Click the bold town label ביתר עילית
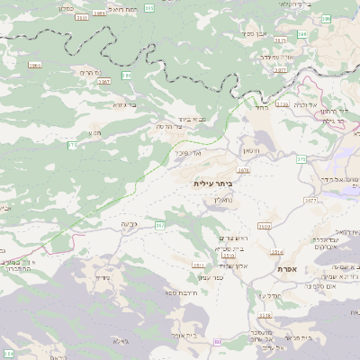(x=212, y=183)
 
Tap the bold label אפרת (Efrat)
(x=288, y=269)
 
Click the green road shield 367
(x=159, y=224)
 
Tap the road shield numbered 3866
(x=35, y=66)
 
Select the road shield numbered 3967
(x=104, y=81)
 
